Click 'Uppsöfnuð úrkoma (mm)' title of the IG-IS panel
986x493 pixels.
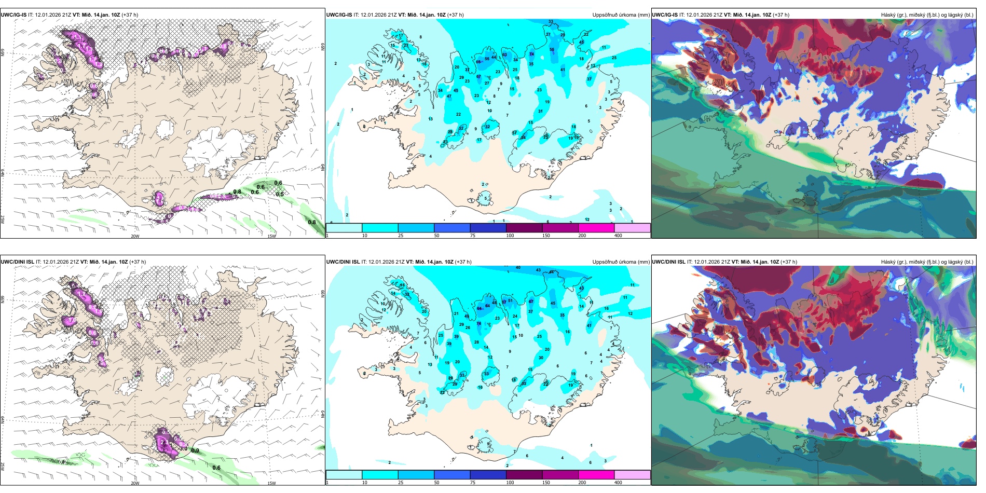pos(621,15)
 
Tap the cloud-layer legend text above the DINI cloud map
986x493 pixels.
pos(927,262)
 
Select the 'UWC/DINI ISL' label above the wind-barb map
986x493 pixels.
pos(17,262)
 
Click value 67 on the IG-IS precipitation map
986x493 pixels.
pos(479,77)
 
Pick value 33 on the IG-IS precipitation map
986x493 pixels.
pos(551,22)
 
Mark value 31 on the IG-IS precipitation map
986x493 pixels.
pos(540,111)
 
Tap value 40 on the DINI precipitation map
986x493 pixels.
pos(518,268)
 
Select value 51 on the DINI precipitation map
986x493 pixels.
pos(510,301)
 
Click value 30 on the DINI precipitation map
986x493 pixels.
pos(541,358)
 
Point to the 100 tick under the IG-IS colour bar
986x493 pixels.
pos(510,236)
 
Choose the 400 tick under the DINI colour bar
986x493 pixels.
pos(618,483)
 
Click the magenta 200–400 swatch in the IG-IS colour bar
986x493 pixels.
pos(596,228)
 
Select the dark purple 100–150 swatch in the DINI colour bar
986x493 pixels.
pos(524,475)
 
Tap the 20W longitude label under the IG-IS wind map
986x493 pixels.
pos(135,236)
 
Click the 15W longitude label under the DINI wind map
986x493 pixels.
pos(271,483)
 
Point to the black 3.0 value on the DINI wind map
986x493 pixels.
pos(183,448)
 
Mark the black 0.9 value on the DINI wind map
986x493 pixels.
pos(195,450)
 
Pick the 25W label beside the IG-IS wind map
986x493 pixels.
pos(3,220)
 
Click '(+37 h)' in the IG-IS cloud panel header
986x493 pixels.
pos(781,15)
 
